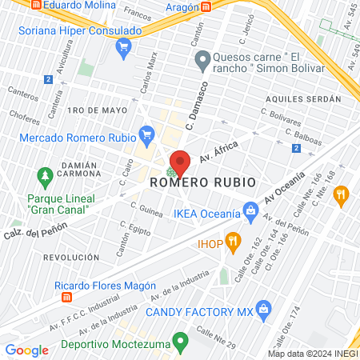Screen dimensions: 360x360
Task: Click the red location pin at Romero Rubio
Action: click(x=181, y=163)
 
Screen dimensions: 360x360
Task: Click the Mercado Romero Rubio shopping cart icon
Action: click(x=146, y=133)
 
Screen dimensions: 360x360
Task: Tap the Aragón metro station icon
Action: click(x=206, y=6)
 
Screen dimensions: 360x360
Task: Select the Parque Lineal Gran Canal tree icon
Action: click(x=44, y=174)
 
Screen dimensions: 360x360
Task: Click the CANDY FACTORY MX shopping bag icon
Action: click(x=266, y=310)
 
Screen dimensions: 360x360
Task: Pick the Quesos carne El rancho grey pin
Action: click(x=202, y=58)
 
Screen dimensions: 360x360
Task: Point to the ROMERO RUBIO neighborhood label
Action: click(x=203, y=182)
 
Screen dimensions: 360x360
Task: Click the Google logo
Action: click(x=26, y=350)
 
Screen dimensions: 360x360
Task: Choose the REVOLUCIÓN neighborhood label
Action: click(x=71, y=258)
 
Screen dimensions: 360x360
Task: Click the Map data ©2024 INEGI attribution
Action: click(x=312, y=354)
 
